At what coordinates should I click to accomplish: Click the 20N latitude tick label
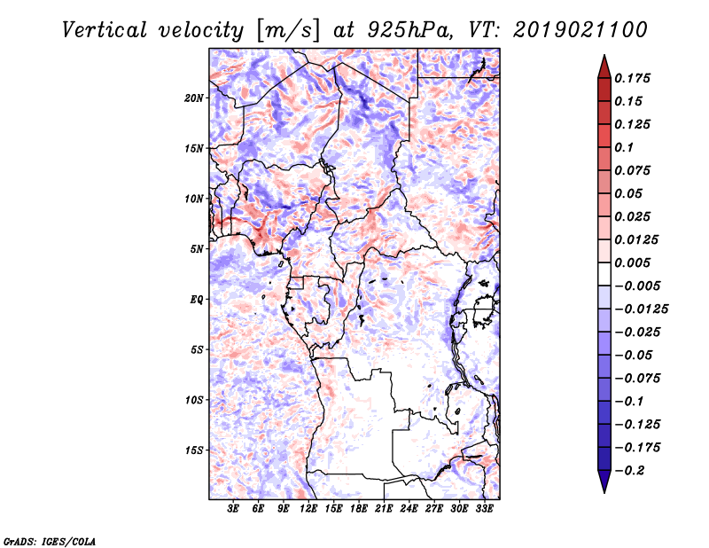pyautogui.click(x=194, y=98)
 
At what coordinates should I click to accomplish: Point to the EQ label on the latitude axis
pyautogui.click(x=197, y=300)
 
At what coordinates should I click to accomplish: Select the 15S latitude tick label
pyautogui.click(x=194, y=450)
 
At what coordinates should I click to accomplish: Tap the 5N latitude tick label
pyautogui.click(x=197, y=249)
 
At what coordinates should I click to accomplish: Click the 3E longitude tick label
pyautogui.click(x=233, y=508)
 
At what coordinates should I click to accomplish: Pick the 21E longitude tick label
pyautogui.click(x=385, y=508)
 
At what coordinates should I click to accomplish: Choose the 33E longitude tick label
pyautogui.click(x=485, y=508)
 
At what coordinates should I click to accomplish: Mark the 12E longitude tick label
pyautogui.click(x=308, y=508)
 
